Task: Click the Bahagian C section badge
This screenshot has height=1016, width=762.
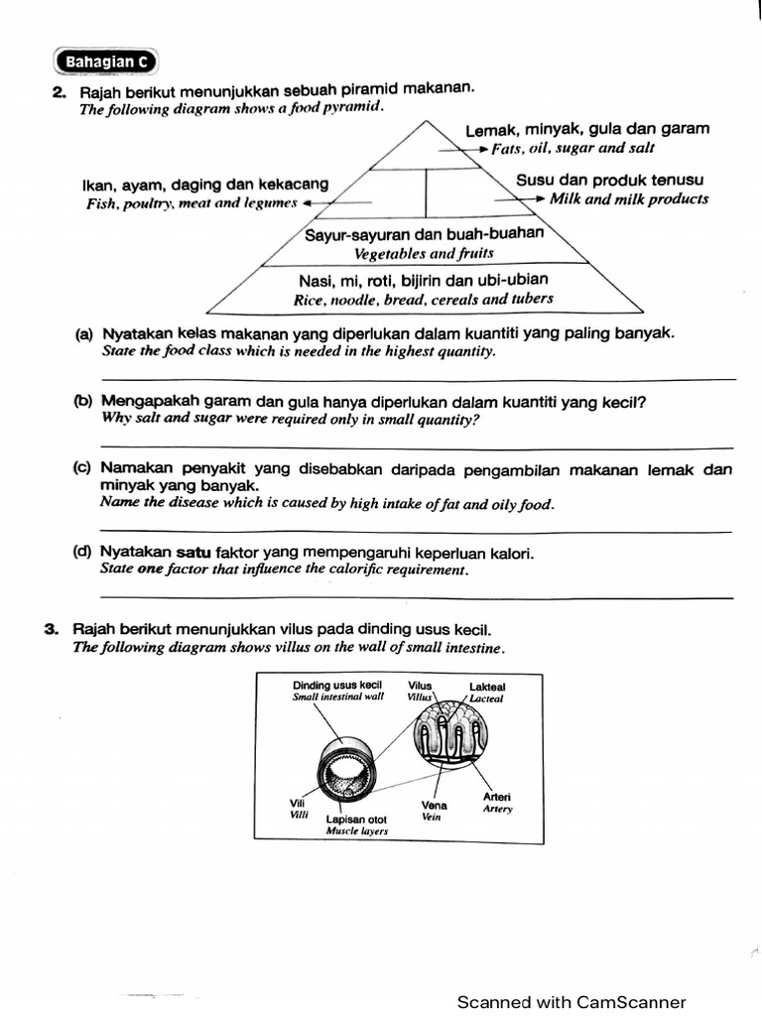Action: [x=106, y=62]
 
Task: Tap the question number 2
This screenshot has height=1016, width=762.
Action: [x=59, y=92]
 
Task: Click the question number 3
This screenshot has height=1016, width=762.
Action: [x=51, y=629]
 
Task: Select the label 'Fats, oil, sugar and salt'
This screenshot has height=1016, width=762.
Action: [x=572, y=148]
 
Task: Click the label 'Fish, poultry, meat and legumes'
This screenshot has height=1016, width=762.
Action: [x=191, y=202]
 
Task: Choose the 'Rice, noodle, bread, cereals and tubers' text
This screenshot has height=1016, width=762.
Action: [x=424, y=298]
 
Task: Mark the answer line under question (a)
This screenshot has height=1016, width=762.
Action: [x=418, y=378]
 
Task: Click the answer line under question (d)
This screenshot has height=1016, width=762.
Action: [x=418, y=596]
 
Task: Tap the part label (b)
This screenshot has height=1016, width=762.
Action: [x=83, y=402]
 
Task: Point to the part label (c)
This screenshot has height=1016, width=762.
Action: [x=83, y=468]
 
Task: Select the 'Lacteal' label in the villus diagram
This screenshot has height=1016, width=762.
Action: [x=486, y=698]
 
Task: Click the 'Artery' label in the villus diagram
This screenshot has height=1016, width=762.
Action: [x=497, y=809]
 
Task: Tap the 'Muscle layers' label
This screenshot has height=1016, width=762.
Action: [x=357, y=831]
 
